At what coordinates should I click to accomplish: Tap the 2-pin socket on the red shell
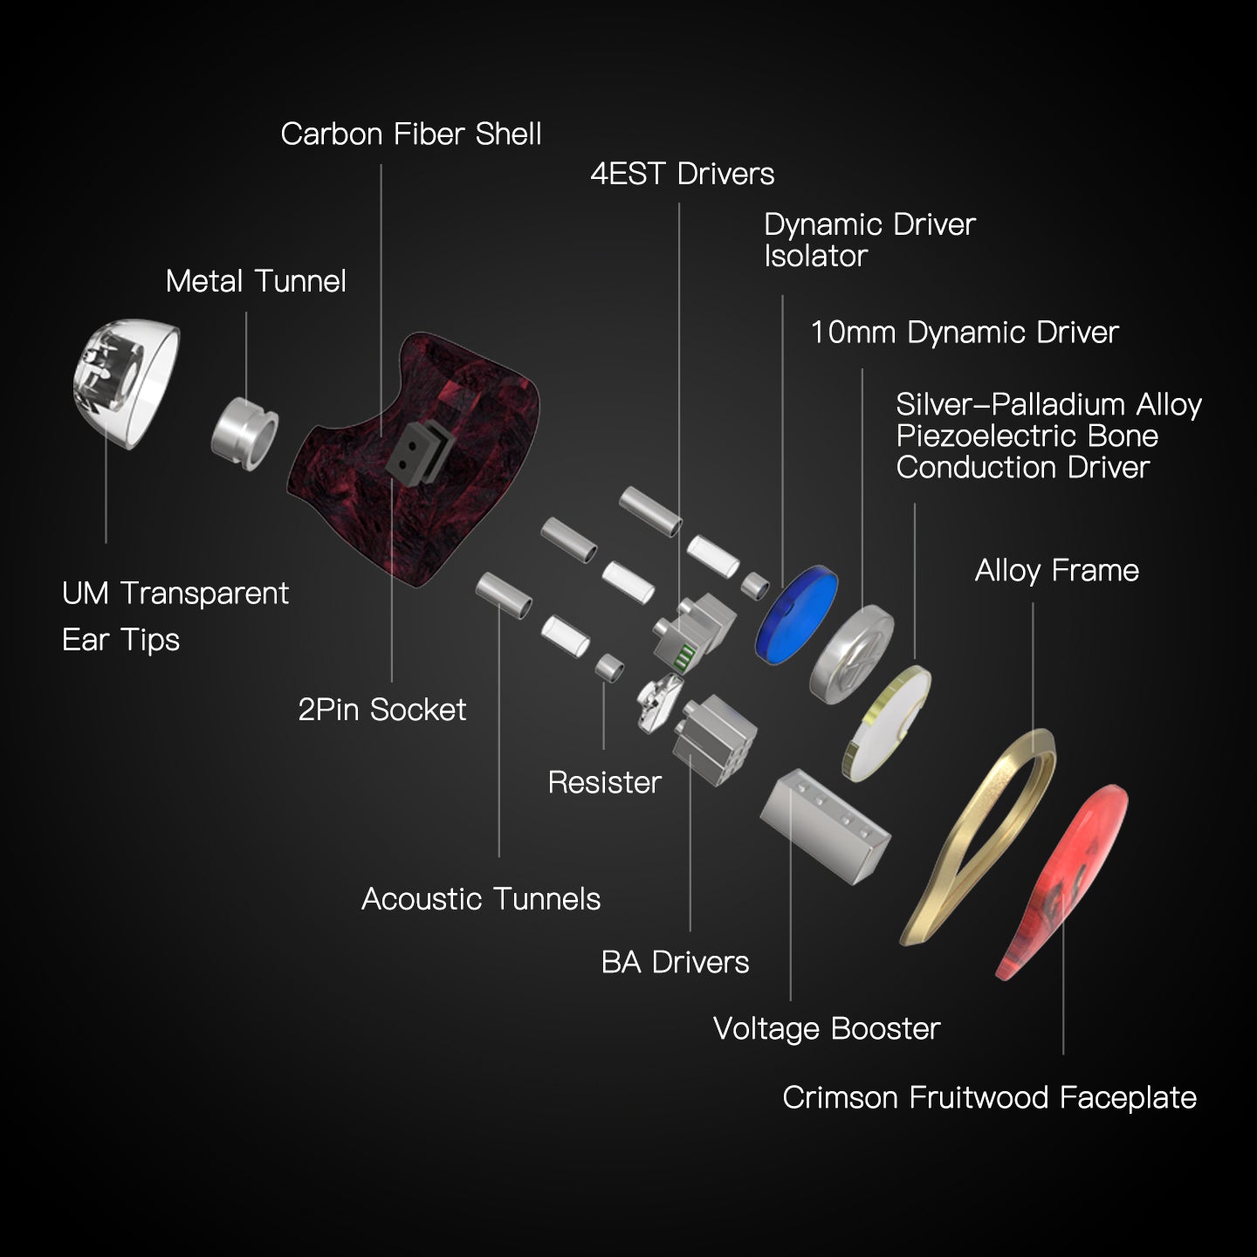416,450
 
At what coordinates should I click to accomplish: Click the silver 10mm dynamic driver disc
851,655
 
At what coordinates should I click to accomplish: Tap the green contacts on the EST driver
687,656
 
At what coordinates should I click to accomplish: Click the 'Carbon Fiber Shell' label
410,134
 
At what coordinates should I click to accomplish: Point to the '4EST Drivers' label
682,174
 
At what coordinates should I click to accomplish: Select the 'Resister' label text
604,782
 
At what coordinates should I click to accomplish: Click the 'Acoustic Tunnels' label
481,898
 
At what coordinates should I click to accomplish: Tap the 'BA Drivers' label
675,962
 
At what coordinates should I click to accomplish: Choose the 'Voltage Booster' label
826,1028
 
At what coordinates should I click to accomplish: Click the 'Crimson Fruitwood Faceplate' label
989,1097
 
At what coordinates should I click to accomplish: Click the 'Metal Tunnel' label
256,281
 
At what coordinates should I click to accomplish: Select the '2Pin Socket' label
381,710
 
